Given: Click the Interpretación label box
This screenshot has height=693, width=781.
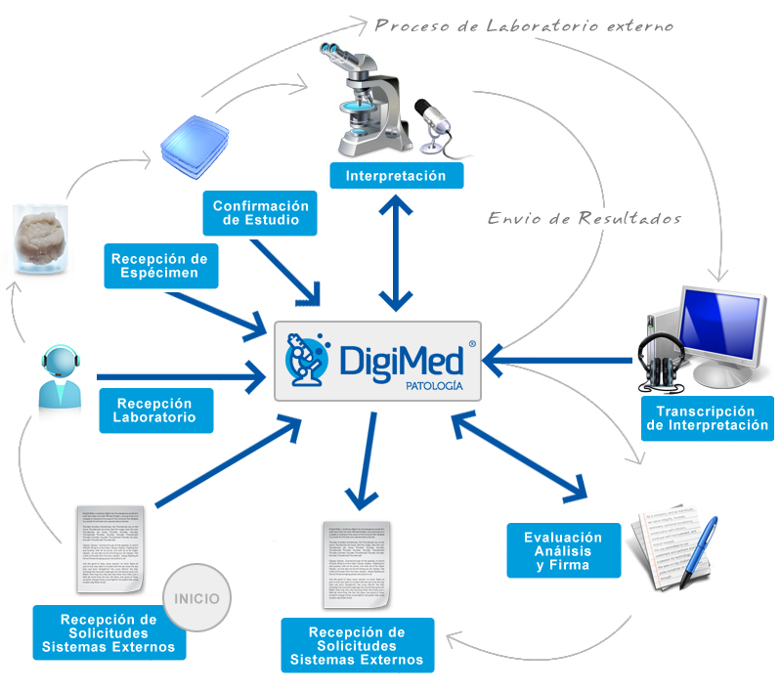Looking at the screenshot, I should [x=396, y=176].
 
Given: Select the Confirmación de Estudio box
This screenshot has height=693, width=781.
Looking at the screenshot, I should [x=261, y=213].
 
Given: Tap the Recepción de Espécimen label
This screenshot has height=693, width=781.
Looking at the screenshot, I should [x=160, y=266].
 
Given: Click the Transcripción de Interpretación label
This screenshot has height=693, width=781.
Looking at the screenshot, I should [x=707, y=418].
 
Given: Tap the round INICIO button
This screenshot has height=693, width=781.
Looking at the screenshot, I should [x=197, y=597].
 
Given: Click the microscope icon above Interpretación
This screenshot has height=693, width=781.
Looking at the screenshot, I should [x=374, y=104].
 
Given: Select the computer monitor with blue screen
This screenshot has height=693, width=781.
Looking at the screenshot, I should [x=720, y=327].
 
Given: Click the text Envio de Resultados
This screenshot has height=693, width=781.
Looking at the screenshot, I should [x=585, y=217].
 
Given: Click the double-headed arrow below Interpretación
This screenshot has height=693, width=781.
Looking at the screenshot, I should [x=395, y=250].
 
